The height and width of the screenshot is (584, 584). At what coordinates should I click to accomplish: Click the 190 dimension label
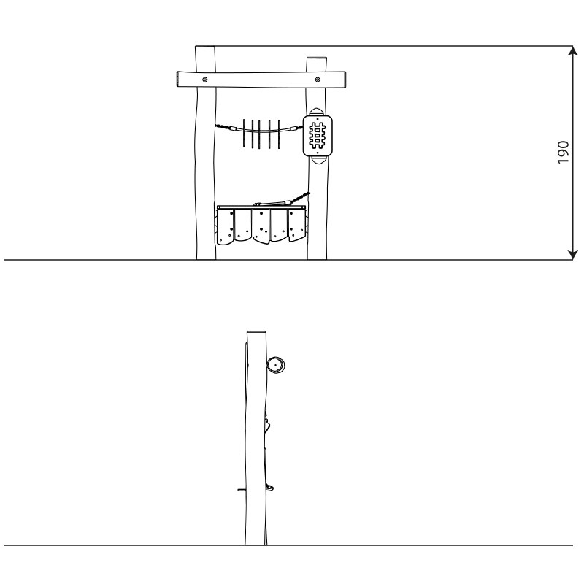click(x=563, y=152)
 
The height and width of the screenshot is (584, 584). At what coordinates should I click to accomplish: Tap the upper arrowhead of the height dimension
click(x=573, y=50)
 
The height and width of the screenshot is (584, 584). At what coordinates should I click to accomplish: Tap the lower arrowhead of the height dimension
click(x=573, y=255)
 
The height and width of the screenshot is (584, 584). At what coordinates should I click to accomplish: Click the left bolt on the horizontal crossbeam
click(x=205, y=80)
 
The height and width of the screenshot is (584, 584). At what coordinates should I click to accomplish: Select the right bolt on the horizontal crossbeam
click(x=318, y=79)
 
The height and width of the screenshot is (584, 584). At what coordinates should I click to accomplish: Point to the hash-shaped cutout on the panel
click(x=318, y=136)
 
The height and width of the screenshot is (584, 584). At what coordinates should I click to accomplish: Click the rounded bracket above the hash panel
click(x=317, y=112)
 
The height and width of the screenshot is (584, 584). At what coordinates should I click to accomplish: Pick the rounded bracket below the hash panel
click(x=318, y=160)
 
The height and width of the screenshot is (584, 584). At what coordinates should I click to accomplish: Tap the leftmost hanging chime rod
click(x=244, y=133)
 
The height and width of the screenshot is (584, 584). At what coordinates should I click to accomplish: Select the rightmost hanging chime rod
click(x=279, y=134)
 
